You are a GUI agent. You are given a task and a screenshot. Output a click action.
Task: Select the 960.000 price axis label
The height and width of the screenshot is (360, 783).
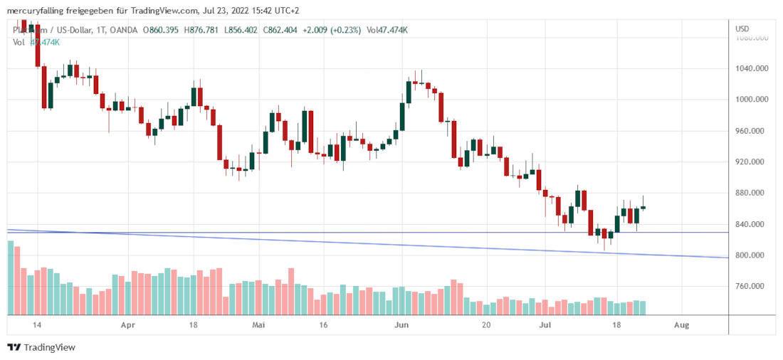(x=752, y=131)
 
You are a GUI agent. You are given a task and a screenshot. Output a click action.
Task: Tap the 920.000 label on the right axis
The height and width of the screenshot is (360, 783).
(x=752, y=162)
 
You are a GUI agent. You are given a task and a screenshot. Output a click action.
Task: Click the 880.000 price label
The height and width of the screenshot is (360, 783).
(x=752, y=193)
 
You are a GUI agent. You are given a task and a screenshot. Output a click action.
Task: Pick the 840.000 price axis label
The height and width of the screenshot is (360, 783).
(x=752, y=224)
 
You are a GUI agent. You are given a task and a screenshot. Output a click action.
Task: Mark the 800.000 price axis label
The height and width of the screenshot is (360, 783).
(x=752, y=255)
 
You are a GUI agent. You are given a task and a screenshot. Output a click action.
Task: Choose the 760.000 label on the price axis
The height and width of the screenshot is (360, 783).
(x=752, y=287)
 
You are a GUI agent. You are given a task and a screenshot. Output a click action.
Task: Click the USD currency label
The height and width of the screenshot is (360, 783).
(x=742, y=28)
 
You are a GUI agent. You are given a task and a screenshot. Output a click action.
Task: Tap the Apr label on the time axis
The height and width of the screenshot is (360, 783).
(x=128, y=324)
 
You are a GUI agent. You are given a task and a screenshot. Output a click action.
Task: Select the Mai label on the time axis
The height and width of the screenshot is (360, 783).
(x=259, y=324)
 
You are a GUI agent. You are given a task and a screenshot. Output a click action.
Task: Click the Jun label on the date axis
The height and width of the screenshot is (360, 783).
(x=401, y=324)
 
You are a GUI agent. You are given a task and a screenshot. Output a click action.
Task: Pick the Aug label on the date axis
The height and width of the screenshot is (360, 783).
(x=681, y=324)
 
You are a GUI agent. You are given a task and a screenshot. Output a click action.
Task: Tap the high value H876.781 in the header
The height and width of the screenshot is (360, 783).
(x=202, y=30)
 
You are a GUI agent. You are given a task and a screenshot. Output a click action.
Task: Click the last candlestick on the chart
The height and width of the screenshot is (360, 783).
(x=643, y=207)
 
